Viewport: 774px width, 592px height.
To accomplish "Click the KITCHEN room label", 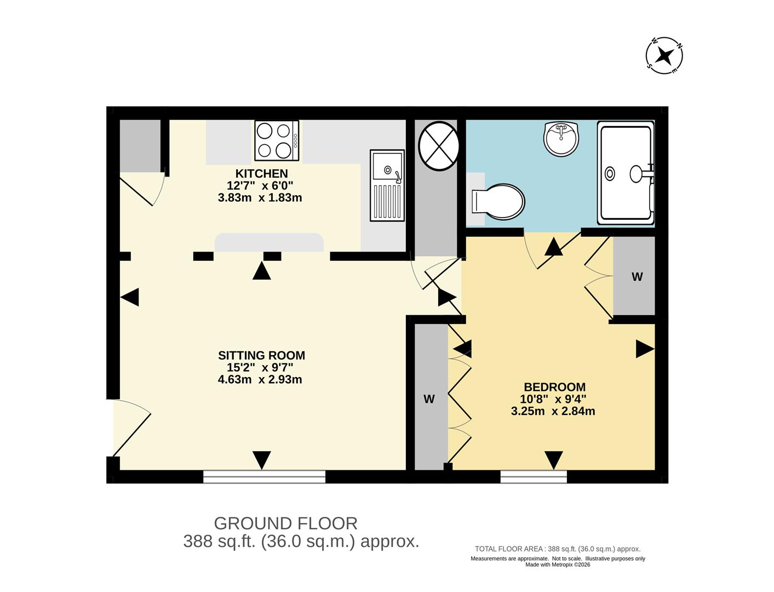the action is (x=261, y=174).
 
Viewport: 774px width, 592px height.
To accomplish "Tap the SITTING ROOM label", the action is (x=261, y=355).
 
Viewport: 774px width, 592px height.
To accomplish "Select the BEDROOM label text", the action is (x=555, y=387).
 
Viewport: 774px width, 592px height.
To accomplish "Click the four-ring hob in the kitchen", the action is (x=277, y=141).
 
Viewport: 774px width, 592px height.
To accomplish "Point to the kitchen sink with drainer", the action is (x=387, y=186).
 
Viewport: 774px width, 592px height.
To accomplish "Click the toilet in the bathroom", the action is (x=498, y=202).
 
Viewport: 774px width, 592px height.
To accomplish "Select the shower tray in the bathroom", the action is (x=626, y=173).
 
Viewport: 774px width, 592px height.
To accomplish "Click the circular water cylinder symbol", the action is (x=438, y=146).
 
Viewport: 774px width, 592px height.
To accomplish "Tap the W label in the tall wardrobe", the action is (x=429, y=399).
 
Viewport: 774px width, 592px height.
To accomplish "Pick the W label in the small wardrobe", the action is (x=637, y=277).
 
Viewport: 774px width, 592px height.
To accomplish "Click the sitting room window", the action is (x=264, y=476).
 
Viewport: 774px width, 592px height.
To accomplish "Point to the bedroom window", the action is (x=534, y=476).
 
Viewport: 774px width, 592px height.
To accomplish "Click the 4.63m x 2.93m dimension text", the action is (x=260, y=380).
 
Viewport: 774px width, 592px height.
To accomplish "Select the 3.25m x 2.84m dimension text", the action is (x=553, y=411).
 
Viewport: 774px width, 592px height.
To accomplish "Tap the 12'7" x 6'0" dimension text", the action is (x=260, y=186).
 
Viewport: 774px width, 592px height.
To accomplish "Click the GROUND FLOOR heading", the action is (x=285, y=523).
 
